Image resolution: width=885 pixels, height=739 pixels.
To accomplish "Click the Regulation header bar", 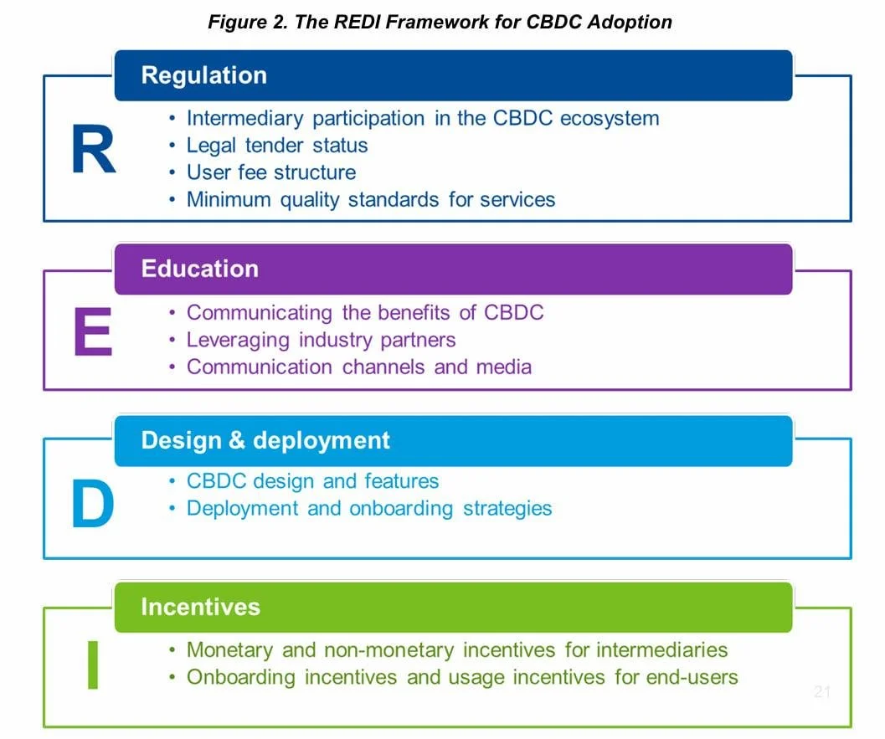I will pos(453,75).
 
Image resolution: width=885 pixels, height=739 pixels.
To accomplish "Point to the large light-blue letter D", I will pos(92,505).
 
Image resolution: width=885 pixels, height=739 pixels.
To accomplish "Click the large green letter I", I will pos(93,665).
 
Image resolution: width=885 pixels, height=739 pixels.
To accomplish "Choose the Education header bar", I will pos(453,269).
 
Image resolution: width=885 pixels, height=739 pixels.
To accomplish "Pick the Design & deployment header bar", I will pos(453,440).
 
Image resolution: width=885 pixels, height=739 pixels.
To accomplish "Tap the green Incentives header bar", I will pos(453,607).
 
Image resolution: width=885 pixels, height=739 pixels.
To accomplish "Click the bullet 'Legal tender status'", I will pos(276,146).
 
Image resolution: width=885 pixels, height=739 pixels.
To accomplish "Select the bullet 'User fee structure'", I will pos(270,172).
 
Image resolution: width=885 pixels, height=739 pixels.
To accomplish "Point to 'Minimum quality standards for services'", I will pos(370,200).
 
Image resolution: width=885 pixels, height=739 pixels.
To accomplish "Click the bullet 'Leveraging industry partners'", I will pos(321,340).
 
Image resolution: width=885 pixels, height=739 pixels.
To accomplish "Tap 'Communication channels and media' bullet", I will pos(358,367).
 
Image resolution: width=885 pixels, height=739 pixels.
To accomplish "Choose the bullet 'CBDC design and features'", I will pos(312,481).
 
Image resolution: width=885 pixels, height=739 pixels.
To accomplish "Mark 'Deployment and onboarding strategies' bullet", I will pos(368,508).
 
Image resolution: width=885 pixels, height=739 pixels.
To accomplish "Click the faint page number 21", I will pos(821,692).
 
